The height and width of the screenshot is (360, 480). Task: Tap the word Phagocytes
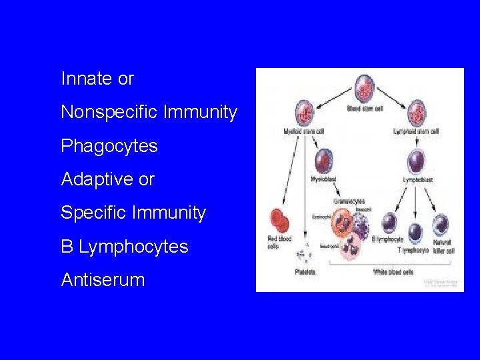click(109, 146)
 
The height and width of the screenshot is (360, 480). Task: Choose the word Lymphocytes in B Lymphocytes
click(133, 247)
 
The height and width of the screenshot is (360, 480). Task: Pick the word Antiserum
click(103, 280)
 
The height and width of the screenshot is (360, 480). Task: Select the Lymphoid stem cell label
click(416, 131)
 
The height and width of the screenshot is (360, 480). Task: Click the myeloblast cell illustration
click(323, 160)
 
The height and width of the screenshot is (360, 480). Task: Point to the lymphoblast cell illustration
click(417, 161)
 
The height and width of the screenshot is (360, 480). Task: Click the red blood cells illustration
click(278, 221)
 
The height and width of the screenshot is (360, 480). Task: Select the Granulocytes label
click(349, 201)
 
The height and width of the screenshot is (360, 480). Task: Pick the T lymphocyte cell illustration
click(415, 231)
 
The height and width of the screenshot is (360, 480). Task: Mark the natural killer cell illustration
click(441, 225)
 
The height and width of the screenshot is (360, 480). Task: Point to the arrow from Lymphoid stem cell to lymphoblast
click(417, 141)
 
